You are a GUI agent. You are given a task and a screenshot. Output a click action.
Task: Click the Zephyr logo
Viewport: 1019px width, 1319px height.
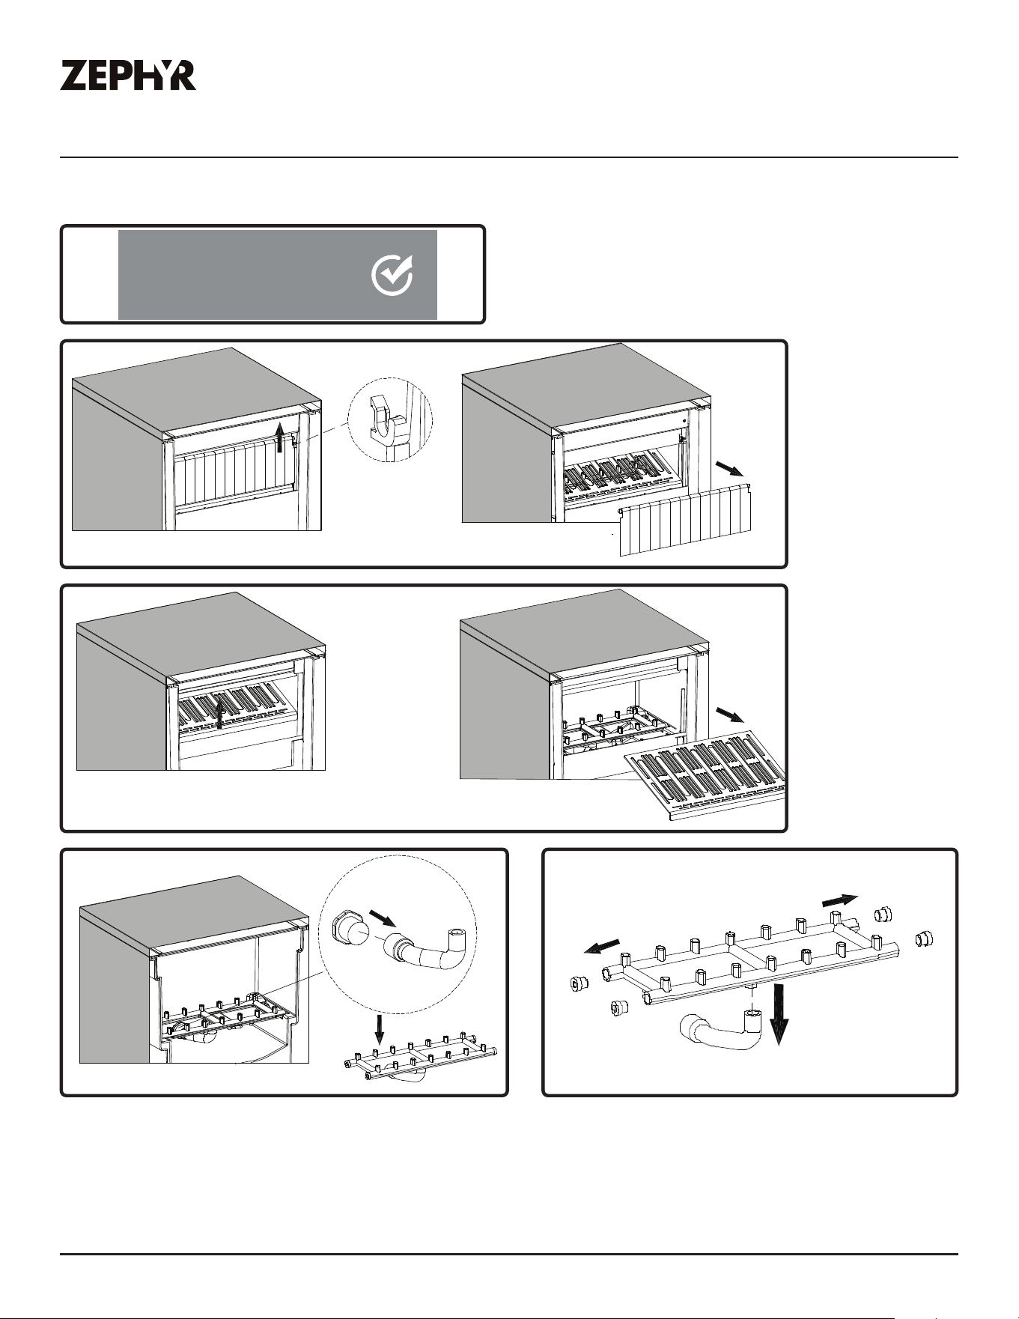pos(128,76)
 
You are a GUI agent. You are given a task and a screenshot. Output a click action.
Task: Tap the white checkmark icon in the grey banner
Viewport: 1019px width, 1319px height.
pos(392,275)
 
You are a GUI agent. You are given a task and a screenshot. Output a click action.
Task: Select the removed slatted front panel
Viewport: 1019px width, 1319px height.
pos(684,518)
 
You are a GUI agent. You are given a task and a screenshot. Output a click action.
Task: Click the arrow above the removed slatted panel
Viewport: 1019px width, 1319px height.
pos(728,469)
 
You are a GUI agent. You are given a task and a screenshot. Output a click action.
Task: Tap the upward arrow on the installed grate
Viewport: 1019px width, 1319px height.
pos(219,711)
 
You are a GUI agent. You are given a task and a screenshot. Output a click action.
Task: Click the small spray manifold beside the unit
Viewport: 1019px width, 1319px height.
pos(422,1057)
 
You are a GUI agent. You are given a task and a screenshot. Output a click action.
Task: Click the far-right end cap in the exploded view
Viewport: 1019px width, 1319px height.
pos(922,938)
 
